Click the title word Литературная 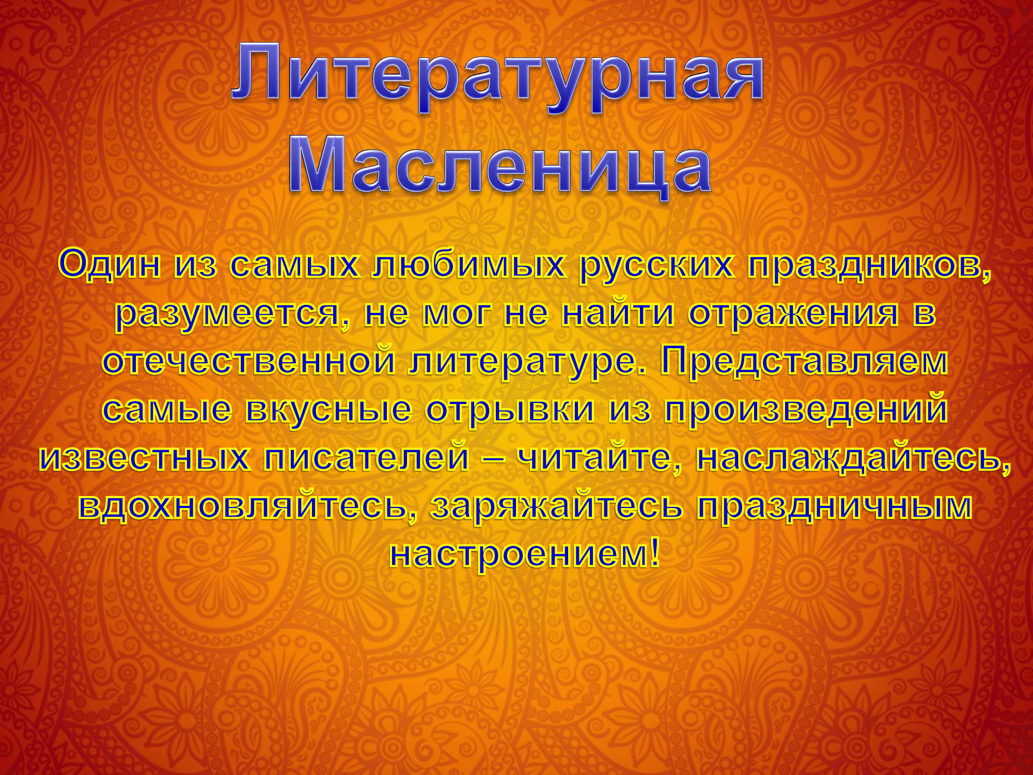[497, 78]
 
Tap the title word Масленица [500, 166]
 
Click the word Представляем [804, 361]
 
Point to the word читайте [600, 457]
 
